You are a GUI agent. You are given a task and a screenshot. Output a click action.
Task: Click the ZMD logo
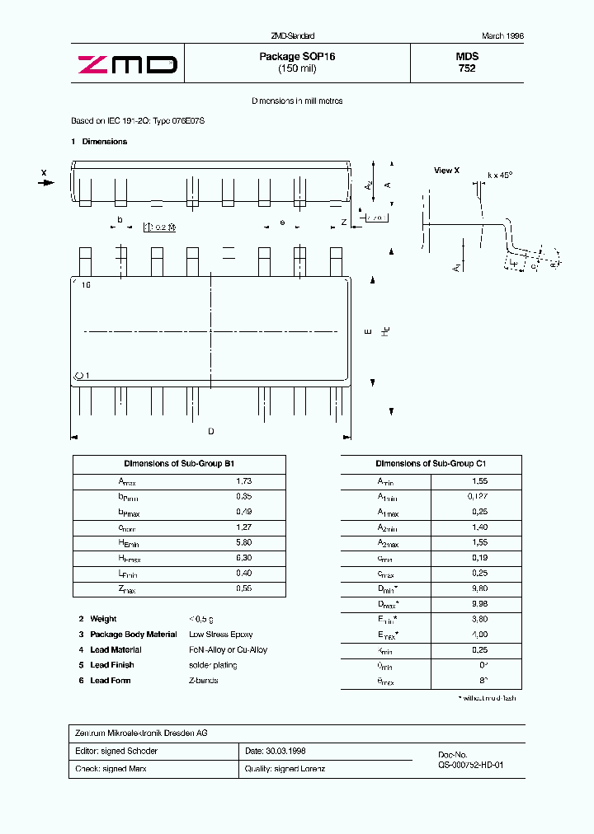click(127, 64)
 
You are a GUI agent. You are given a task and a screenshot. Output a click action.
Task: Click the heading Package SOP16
click(297, 57)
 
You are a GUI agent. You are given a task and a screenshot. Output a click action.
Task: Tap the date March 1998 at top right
click(502, 36)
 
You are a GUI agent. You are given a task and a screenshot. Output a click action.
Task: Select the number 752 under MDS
click(467, 68)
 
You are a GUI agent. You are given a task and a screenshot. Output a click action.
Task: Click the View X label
click(446, 171)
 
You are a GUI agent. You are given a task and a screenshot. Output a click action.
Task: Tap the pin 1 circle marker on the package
click(79, 376)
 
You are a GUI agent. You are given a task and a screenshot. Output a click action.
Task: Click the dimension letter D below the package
click(211, 431)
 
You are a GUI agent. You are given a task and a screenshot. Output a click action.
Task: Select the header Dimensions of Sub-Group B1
click(179, 464)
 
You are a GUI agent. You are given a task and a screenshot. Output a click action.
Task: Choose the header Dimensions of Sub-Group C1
click(431, 464)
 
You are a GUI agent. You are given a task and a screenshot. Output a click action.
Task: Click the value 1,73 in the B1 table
click(243, 481)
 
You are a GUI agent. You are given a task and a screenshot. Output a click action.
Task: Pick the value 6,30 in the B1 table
click(243, 559)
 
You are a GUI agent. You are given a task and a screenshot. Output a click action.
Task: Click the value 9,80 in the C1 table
click(479, 589)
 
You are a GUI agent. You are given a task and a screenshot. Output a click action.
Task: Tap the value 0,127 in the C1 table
click(479, 497)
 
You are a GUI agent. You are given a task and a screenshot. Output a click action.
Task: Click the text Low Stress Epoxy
click(220, 635)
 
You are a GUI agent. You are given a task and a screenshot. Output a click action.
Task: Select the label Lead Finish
click(112, 665)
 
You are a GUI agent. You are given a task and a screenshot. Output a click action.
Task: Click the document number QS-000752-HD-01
click(470, 765)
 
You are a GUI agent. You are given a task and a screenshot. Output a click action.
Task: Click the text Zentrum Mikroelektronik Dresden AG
click(139, 733)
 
